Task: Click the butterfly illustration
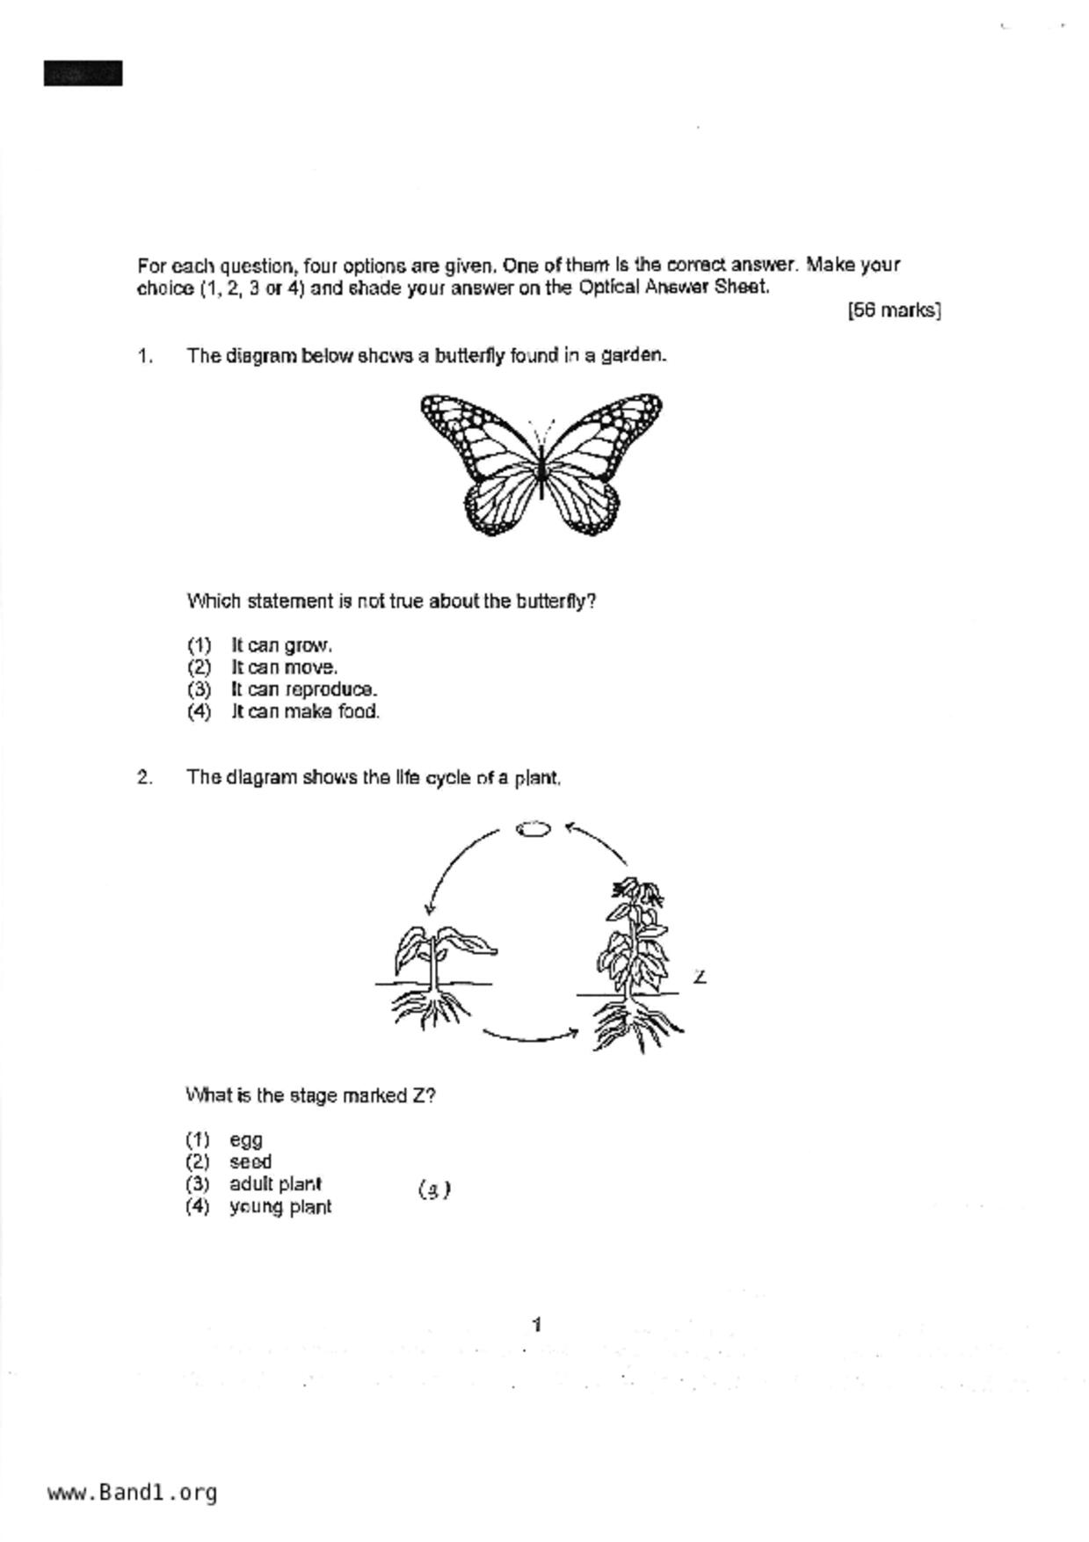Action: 541,464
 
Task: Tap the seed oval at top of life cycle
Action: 533,829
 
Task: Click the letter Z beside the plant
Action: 700,977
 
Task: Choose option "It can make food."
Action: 305,711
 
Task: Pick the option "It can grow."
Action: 281,645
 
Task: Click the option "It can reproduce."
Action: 304,689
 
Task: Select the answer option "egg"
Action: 246,1140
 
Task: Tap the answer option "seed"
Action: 250,1162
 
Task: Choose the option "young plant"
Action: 280,1207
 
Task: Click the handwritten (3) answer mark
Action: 434,1190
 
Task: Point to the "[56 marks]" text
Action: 894,310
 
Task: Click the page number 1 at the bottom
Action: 537,1325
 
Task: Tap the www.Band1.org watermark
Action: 133,1492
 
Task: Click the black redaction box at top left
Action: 83,74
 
